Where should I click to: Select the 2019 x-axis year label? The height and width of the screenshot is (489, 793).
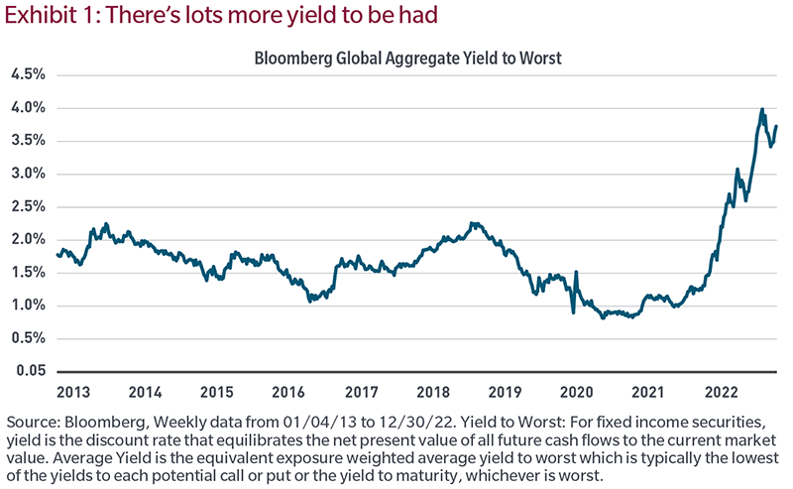click(x=505, y=391)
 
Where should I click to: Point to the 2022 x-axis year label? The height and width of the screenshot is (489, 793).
click(x=722, y=391)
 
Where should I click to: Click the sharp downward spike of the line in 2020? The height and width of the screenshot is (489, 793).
click(x=572, y=313)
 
